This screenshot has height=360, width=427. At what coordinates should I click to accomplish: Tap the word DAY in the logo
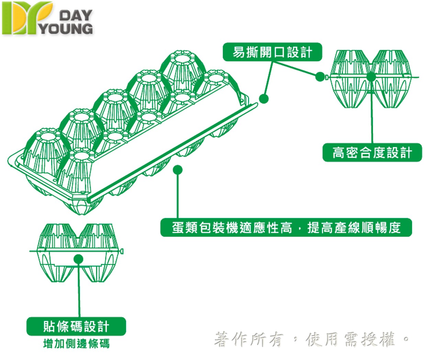(x=76, y=15)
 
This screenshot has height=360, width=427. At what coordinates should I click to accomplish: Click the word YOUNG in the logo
(x=66, y=29)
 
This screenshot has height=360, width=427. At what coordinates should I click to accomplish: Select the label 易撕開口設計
(x=272, y=52)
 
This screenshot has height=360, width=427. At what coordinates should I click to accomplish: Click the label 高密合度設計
(x=372, y=153)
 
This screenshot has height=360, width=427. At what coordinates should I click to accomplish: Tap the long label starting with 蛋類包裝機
(x=286, y=227)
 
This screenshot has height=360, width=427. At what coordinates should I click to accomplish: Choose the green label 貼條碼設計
(x=76, y=326)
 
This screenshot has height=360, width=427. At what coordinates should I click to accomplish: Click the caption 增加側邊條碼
(x=76, y=343)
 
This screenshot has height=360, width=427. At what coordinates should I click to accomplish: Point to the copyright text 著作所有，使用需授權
(x=311, y=340)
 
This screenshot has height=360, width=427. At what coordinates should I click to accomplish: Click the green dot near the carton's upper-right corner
(x=263, y=99)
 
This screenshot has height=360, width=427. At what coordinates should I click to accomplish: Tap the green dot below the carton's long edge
(x=178, y=170)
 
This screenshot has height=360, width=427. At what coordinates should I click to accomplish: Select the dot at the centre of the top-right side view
(x=371, y=77)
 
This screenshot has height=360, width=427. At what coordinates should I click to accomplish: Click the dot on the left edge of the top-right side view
(x=319, y=77)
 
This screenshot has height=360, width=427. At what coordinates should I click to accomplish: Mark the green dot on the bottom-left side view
(x=78, y=259)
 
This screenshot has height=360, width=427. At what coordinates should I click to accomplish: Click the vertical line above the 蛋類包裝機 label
(x=178, y=196)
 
